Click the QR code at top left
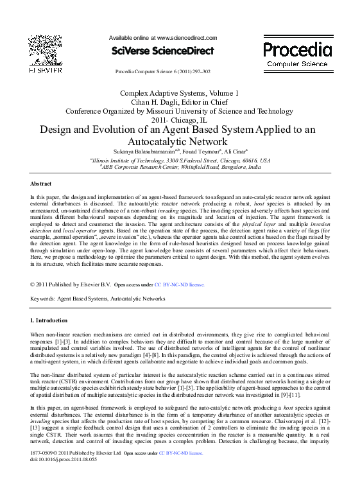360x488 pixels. (44, 49)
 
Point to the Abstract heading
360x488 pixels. (42, 183)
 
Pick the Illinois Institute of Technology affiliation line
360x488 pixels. (180, 159)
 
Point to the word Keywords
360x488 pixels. (43, 299)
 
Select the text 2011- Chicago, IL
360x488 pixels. (179, 119)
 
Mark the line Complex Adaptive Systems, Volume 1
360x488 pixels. (179, 92)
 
